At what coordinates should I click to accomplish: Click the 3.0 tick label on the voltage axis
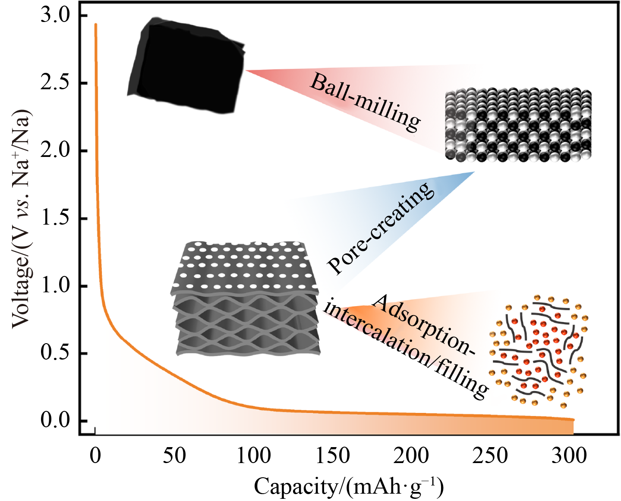[55, 16]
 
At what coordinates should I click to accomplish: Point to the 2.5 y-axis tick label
[55, 83]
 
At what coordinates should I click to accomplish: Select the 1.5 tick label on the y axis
[55, 218]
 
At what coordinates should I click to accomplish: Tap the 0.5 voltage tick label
[55, 353]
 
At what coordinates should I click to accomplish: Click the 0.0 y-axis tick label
[55, 420]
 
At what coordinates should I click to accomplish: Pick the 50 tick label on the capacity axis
[174, 456]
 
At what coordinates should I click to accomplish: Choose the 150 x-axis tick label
[332, 456]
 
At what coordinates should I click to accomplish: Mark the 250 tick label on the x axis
[490, 456]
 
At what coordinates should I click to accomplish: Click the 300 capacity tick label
[569, 456]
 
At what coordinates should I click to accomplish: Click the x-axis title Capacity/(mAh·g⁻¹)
[349, 486]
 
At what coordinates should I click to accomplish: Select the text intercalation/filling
[406, 349]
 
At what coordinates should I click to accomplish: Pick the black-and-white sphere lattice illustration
[518, 125]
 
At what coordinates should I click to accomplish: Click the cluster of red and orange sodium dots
[539, 351]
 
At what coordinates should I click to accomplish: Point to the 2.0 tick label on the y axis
[55, 151]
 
